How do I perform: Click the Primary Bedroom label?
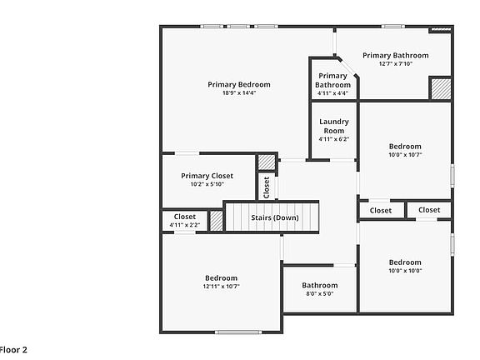point(239,84)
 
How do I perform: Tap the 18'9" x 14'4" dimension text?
point(239,93)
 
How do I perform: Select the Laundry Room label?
point(333,126)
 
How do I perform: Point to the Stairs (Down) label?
point(274,217)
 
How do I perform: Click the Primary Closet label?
point(207,176)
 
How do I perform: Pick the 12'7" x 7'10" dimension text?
point(395,64)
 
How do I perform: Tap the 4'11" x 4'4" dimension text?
point(332,93)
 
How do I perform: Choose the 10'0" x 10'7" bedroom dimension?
point(405,154)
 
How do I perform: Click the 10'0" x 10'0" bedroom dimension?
point(405,270)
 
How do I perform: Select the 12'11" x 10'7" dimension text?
point(221,287)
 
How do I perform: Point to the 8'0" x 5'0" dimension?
point(319,293)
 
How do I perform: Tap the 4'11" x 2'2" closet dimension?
point(185,225)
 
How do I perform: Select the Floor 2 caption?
point(13,350)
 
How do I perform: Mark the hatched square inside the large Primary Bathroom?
point(440,88)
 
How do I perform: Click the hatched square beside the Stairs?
point(216,221)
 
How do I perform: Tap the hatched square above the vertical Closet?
point(266,162)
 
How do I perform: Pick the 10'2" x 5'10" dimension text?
point(207,184)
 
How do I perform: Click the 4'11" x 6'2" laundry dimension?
point(333,139)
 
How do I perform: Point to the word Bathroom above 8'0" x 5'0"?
point(319,285)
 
